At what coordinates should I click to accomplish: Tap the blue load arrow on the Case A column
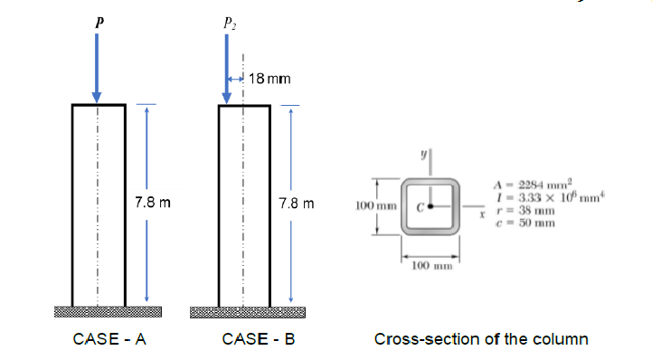click(98, 68)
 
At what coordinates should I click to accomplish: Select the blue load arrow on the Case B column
click(226, 68)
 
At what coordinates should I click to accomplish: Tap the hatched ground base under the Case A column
click(108, 313)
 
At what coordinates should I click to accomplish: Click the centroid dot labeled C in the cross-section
click(431, 206)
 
